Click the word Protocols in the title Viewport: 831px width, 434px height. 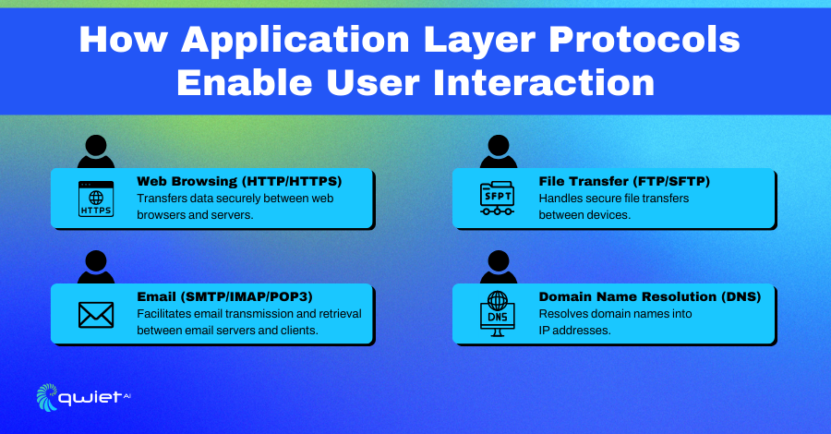point(644,40)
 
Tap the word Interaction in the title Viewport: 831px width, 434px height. point(544,83)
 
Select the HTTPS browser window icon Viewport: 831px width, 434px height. point(96,199)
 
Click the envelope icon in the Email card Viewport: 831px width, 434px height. point(96,315)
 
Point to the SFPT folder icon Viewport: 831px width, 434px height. point(497,199)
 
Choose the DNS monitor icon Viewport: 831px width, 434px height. point(497,314)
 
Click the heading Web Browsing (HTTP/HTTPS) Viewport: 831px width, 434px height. point(239,181)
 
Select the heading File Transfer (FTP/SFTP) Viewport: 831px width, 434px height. point(624,181)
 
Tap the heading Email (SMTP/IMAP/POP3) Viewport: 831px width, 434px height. point(224,296)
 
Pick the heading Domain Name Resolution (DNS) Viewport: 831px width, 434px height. point(650,296)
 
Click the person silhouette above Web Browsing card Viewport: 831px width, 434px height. point(96,151)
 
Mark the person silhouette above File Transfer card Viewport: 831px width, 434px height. point(499,151)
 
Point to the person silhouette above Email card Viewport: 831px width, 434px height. point(96,267)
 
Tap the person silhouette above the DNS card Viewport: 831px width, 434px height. point(499,267)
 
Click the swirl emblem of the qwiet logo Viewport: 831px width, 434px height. point(47,397)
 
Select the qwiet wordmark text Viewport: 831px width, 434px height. point(91,398)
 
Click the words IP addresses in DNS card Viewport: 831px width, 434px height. point(574,331)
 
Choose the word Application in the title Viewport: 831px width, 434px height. point(295,41)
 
